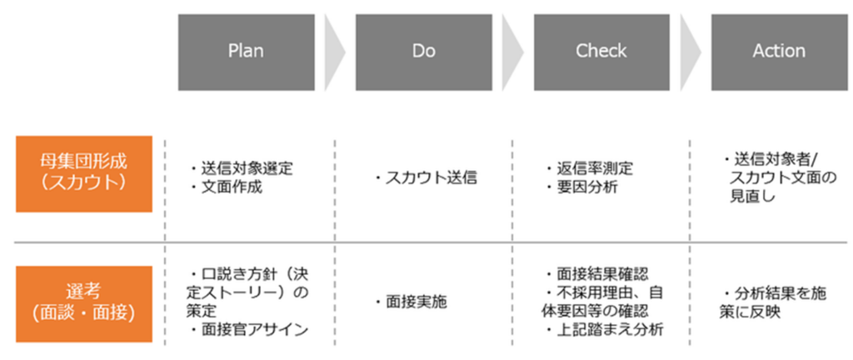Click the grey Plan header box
pyautogui.click(x=246, y=52)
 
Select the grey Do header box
pyautogui.click(x=424, y=52)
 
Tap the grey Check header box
pyautogui.click(x=601, y=52)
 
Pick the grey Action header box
pyautogui.click(x=779, y=52)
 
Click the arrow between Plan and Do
pyautogui.click(x=334, y=52)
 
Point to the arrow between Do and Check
pyautogui.click(x=512, y=52)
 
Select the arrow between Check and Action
pyautogui.click(x=690, y=52)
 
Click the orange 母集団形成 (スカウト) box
pyautogui.click(x=84, y=174)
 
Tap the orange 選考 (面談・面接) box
pyautogui.click(x=84, y=304)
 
